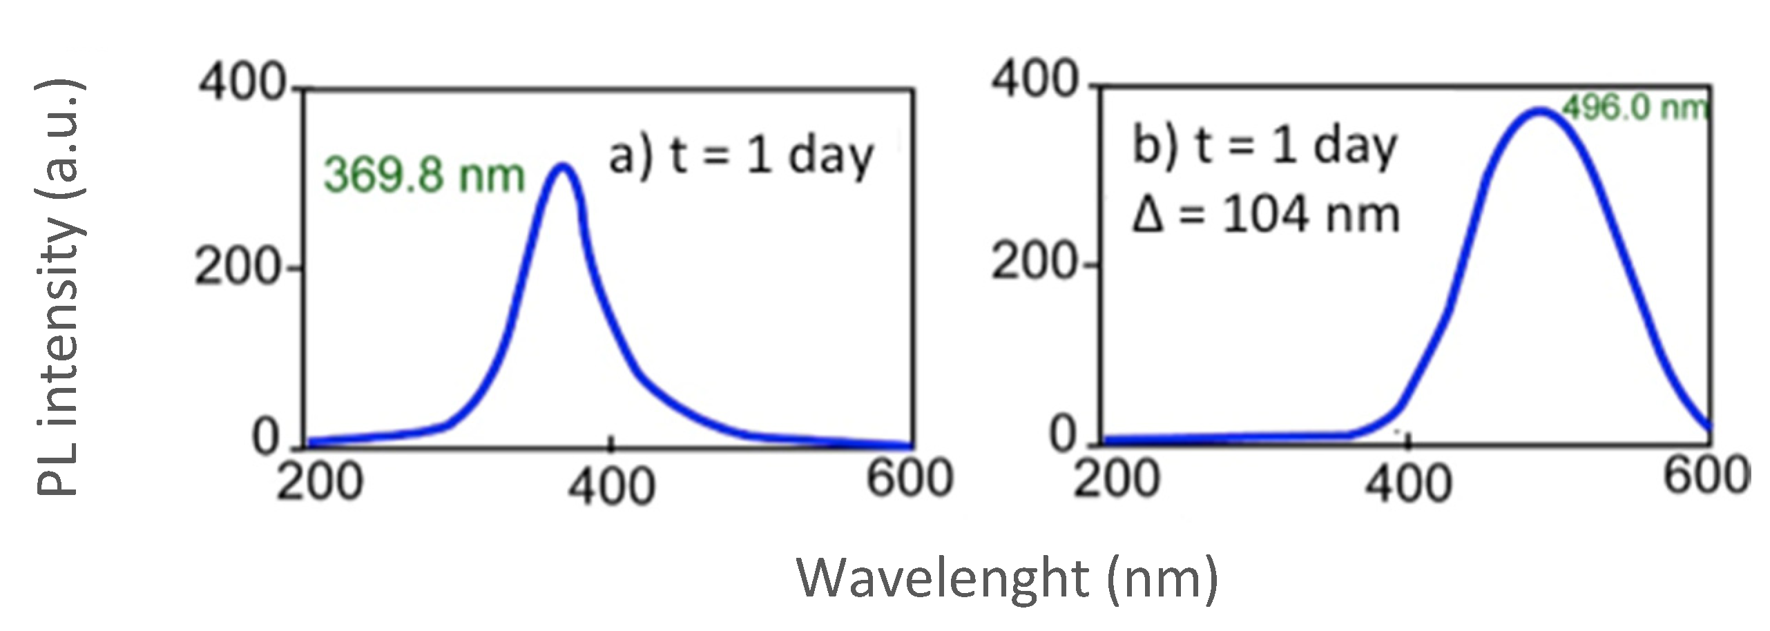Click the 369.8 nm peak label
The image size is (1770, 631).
[424, 175]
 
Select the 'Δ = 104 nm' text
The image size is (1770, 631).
[1265, 215]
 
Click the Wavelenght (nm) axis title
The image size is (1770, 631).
[1008, 579]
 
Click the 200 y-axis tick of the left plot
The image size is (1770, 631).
[239, 266]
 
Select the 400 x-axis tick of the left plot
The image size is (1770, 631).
[610, 485]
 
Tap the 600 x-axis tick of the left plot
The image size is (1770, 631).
[910, 478]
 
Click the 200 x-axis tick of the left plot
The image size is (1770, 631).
[319, 481]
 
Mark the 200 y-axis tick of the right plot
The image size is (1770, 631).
[1034, 262]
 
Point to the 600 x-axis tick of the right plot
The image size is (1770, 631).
[1706, 476]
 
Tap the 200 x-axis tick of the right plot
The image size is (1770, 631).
[1116, 479]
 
